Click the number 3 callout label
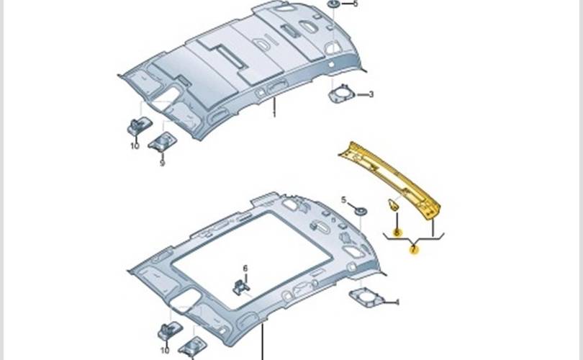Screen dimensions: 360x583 coord(371,94)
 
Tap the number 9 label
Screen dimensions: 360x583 coord(162,163)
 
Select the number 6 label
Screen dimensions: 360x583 coord(245,268)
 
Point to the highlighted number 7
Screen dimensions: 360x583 coord(413,250)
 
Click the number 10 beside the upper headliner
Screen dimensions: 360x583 coord(134,145)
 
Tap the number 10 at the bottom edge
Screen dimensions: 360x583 coord(165,351)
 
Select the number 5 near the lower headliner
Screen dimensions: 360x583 coord(343,199)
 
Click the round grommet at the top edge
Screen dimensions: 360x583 coord(334,4)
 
